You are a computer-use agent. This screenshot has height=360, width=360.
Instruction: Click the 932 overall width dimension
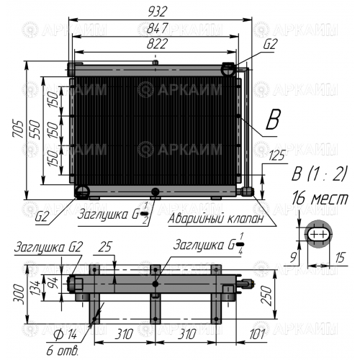click(x=157, y=12)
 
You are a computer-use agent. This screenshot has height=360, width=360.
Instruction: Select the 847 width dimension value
click(x=157, y=28)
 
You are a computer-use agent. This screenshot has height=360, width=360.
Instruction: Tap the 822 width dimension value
click(x=157, y=44)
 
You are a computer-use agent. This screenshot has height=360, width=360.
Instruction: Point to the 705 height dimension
click(x=19, y=129)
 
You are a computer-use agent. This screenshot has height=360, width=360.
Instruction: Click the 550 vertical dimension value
click(x=35, y=129)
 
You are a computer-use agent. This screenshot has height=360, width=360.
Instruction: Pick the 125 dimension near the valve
click(x=276, y=156)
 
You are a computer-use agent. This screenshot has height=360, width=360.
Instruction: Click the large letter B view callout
click(x=273, y=120)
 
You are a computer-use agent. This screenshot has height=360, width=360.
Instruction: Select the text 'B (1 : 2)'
click(x=319, y=174)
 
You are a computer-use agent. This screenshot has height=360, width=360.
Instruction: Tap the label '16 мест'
click(x=320, y=198)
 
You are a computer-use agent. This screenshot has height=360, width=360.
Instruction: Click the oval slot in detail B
click(x=318, y=233)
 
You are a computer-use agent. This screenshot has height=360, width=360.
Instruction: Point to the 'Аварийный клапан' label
click(x=215, y=219)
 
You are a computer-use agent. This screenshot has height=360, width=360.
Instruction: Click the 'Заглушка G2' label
click(x=48, y=247)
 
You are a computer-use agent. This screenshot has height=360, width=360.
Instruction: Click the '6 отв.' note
click(x=63, y=351)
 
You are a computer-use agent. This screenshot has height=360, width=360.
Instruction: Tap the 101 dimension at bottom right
click(x=257, y=334)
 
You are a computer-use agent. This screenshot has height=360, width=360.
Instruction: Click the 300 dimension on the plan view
click(x=19, y=294)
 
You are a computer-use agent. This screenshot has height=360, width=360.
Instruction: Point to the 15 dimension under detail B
click(x=340, y=257)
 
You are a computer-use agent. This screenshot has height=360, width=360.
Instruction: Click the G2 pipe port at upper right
click(x=228, y=69)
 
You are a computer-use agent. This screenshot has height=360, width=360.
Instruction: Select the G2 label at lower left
click(x=42, y=217)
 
